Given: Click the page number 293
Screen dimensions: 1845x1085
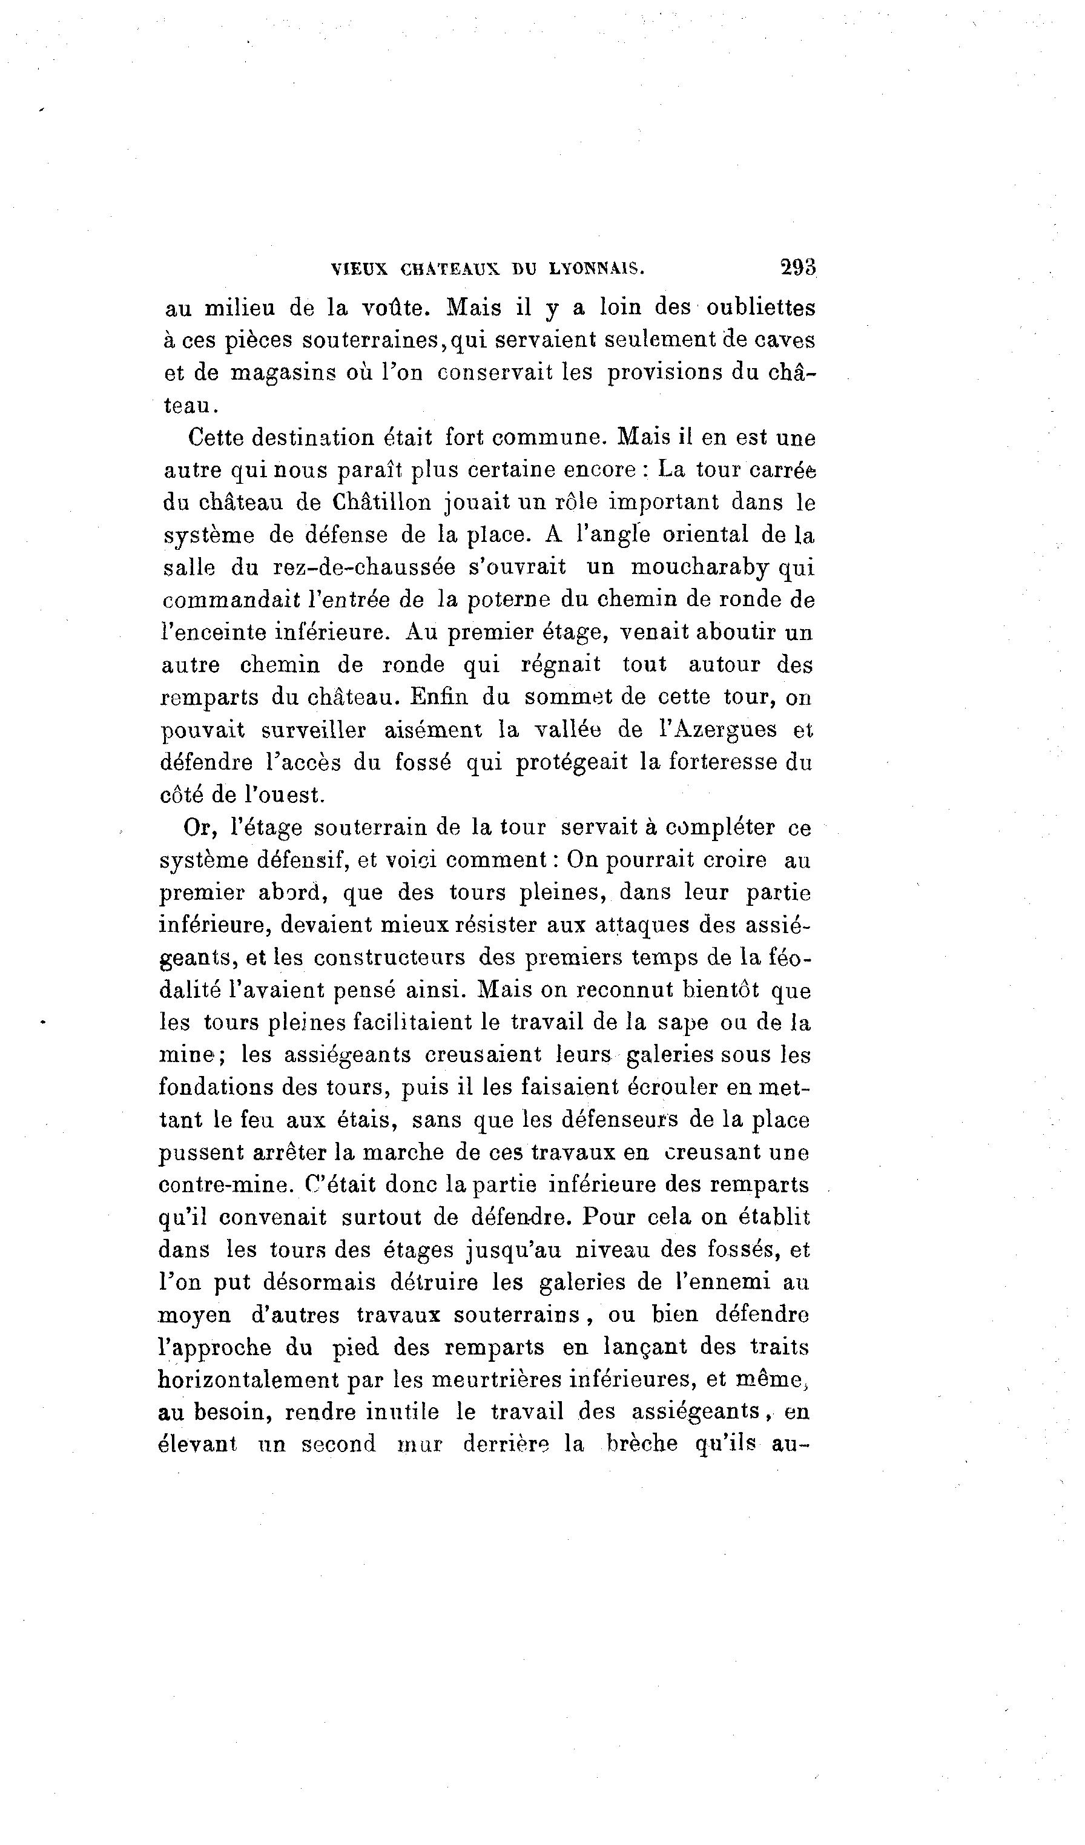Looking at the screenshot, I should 798,266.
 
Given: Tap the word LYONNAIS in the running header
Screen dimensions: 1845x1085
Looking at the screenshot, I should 596,269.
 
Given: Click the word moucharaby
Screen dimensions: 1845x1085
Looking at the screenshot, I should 700,567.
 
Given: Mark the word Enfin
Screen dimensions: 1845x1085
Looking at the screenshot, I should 438,696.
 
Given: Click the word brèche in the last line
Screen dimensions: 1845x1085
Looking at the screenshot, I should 643,1445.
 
